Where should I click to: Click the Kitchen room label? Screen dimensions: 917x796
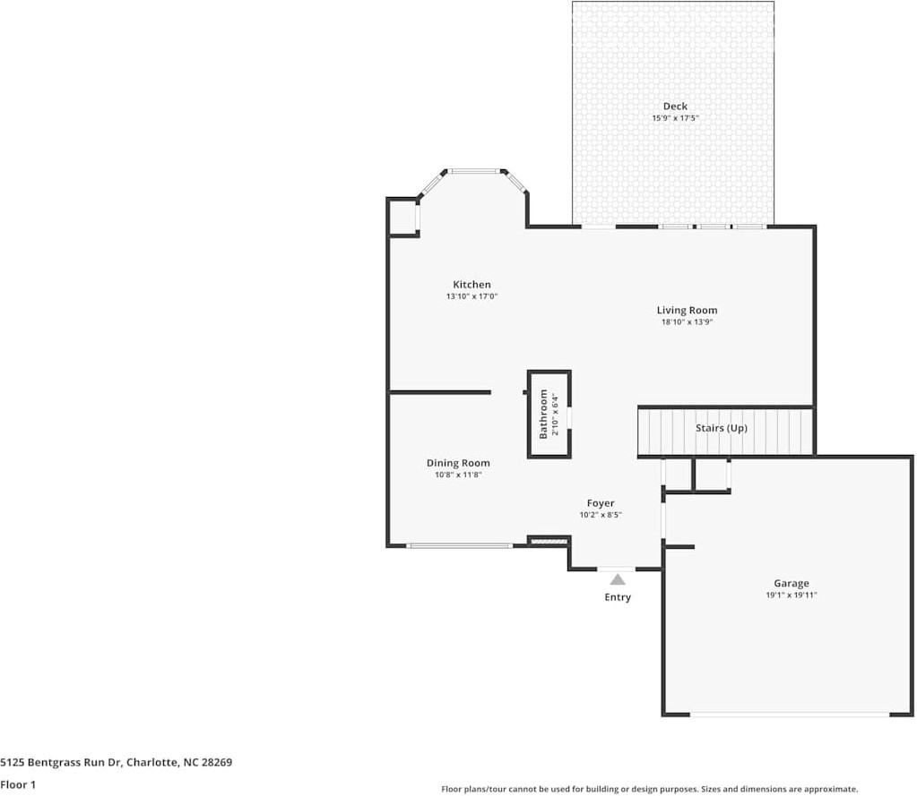click(471, 285)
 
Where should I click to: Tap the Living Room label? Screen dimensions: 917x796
click(687, 310)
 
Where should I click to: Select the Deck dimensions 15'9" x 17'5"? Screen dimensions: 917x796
click(676, 118)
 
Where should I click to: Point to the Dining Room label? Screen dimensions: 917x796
click(458, 463)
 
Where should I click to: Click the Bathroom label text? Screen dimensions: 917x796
click(543, 414)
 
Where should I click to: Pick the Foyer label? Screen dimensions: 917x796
click(601, 503)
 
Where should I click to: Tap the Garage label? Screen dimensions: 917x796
click(792, 583)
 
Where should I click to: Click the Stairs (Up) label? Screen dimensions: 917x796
click(721, 428)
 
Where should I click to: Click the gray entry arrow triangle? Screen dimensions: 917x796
click(618, 579)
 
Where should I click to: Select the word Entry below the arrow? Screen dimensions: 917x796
click(618, 597)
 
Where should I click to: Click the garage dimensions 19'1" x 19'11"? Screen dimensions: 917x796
click(792, 595)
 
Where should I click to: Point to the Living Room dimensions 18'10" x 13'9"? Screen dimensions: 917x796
click(687, 321)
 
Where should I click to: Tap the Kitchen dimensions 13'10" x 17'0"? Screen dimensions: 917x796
click(471, 296)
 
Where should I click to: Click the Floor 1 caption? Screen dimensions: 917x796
click(18, 784)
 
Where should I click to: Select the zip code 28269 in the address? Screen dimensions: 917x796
click(216, 762)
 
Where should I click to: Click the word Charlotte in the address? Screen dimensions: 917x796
click(152, 762)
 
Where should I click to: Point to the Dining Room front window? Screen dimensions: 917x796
click(460, 546)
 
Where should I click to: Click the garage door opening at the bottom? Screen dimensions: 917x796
click(790, 715)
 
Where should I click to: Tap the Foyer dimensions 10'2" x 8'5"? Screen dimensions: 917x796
click(601, 515)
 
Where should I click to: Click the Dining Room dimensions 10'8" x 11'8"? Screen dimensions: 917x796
click(458, 475)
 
